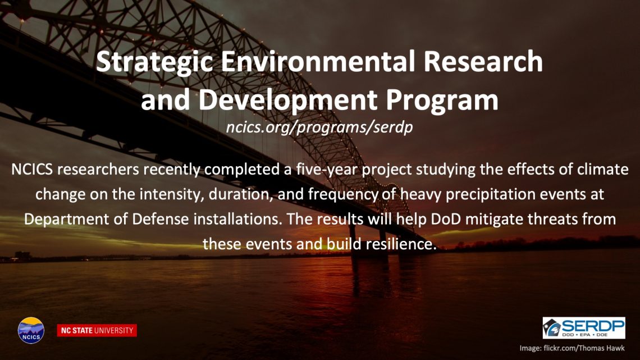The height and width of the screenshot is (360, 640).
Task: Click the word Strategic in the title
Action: (155, 62)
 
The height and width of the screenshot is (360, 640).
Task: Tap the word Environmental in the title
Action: (318, 61)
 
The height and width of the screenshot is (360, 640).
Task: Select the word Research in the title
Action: (483, 61)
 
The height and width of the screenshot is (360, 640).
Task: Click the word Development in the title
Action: (288, 100)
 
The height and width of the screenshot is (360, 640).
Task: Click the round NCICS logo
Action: (31, 330)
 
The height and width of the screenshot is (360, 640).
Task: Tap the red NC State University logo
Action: (97, 330)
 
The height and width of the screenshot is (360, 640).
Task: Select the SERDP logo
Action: (584, 328)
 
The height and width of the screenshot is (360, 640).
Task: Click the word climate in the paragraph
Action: (602, 169)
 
